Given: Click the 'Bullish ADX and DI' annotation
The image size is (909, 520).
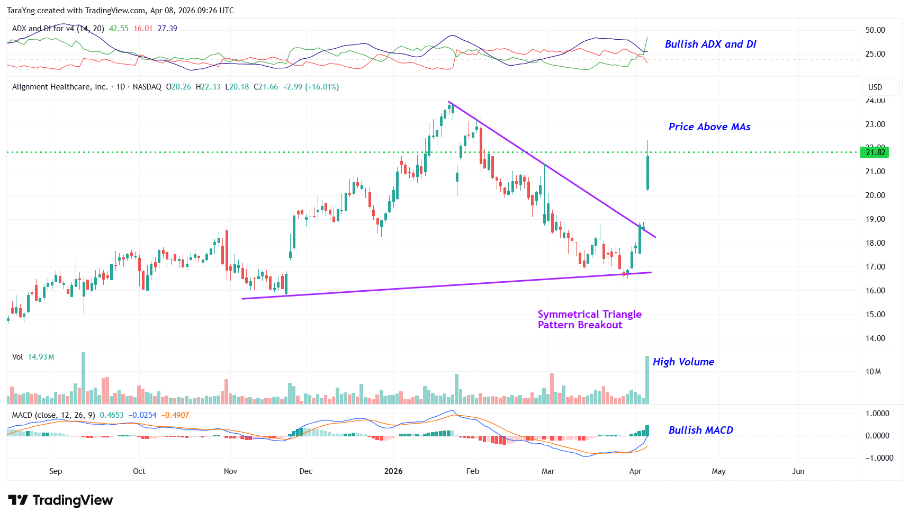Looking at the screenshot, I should (x=710, y=44).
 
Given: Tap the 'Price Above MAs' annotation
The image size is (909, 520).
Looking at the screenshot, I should (x=709, y=127).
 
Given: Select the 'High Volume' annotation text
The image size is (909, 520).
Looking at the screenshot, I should (x=683, y=362).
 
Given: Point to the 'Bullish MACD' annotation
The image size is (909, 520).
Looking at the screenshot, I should (x=700, y=431).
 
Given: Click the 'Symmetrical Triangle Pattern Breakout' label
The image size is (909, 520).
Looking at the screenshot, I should (x=589, y=320).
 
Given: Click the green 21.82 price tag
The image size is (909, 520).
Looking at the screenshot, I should (x=875, y=153).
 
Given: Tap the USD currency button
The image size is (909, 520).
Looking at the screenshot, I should (x=875, y=87).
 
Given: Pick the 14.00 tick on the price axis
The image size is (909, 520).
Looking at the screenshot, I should (x=875, y=338).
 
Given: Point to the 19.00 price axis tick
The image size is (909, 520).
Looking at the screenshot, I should (x=875, y=219).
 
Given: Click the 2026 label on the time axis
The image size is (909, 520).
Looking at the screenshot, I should (x=393, y=471).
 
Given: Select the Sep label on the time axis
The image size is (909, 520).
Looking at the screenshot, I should (x=56, y=471).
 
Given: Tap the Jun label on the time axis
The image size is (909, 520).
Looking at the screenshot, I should (x=798, y=471).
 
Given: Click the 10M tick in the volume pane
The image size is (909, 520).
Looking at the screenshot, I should (x=873, y=372).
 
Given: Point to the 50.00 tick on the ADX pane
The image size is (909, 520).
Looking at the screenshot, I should (x=875, y=30).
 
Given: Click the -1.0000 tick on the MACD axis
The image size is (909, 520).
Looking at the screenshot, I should (x=879, y=458).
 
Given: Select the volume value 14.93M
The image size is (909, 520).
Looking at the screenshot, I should (x=41, y=357).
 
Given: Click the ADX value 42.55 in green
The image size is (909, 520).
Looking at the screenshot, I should (x=119, y=29).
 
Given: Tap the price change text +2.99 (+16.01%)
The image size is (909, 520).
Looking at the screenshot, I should (x=311, y=87).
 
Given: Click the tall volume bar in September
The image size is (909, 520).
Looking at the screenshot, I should (x=83, y=378).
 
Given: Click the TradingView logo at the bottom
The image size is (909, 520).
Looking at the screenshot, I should (x=60, y=500).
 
